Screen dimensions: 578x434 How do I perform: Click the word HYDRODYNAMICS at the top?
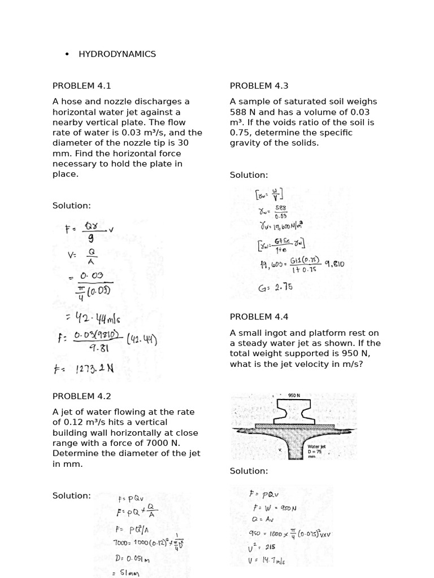[x=117, y=54]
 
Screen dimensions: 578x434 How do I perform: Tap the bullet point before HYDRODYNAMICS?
[x=67, y=54]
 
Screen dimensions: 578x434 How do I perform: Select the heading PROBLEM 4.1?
[x=82, y=86]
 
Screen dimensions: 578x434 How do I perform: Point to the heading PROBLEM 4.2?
[x=82, y=396]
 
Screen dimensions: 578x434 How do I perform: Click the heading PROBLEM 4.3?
[x=259, y=86]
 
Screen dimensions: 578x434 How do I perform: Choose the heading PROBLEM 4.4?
[x=259, y=317]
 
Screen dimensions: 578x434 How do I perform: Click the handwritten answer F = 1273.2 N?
[x=84, y=369]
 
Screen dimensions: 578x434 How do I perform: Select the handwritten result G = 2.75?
[x=275, y=287]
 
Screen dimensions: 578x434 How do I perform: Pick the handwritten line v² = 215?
[x=262, y=546]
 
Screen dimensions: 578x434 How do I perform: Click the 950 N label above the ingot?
[x=294, y=396]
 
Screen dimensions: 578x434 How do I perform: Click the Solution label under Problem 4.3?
[x=249, y=175]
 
